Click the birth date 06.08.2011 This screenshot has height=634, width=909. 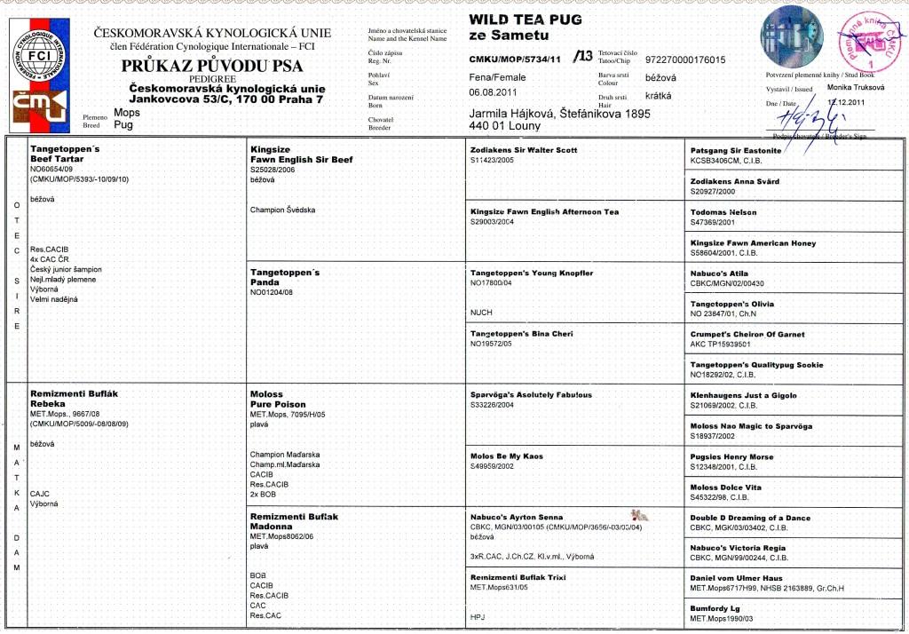point(493,92)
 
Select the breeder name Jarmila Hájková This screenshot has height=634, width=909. point(509,114)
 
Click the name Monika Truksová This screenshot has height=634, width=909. point(857,87)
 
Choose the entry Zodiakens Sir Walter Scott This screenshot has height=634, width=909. point(524,150)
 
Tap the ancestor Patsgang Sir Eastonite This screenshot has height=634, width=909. point(736,150)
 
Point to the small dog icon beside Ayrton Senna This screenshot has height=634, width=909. point(637,515)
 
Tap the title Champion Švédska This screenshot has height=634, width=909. point(283,210)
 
